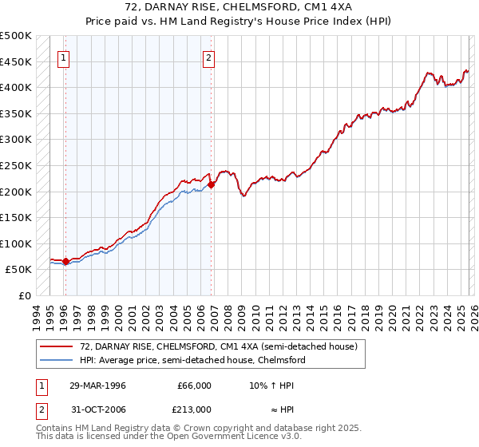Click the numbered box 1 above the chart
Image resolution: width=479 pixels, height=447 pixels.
click(x=63, y=57)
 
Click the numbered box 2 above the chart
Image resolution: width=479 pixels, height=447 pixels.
click(x=208, y=57)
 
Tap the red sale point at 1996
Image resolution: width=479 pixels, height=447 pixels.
click(x=65, y=261)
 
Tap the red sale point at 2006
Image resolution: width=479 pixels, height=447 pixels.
click(x=212, y=185)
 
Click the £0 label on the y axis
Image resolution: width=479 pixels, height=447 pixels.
click(x=25, y=295)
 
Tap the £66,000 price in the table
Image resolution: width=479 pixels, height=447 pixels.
click(x=194, y=385)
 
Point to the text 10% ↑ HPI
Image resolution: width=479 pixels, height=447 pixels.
click(x=271, y=385)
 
